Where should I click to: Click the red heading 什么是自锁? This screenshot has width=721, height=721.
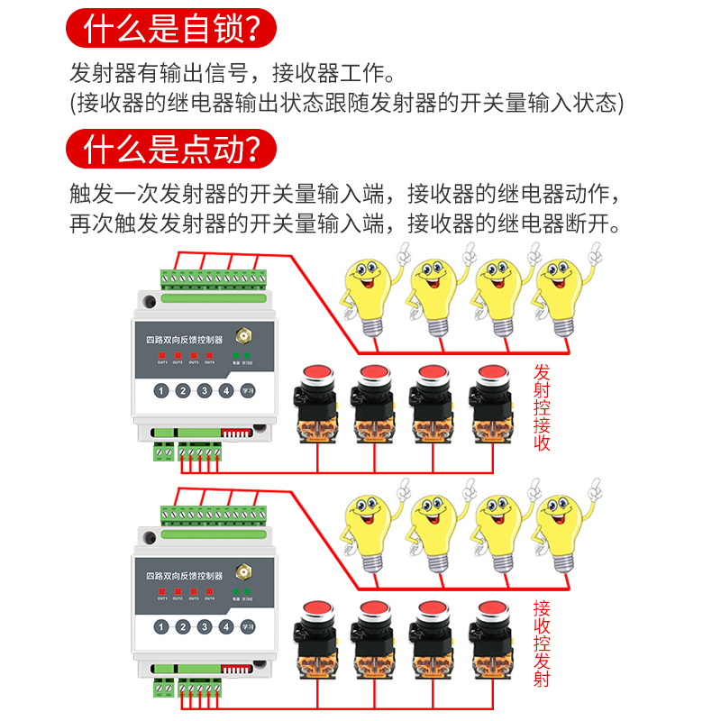tap(170, 31)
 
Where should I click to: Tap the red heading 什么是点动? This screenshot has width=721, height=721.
tap(170, 148)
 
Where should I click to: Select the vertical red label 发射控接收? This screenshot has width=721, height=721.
tap(542, 406)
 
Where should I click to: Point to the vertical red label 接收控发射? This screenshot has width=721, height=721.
tap(542, 643)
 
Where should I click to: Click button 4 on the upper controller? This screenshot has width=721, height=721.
tap(226, 391)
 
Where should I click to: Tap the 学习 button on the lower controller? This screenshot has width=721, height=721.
tap(248, 627)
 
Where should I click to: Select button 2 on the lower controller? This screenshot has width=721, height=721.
tap(182, 627)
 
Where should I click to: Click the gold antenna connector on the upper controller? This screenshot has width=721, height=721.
tap(242, 336)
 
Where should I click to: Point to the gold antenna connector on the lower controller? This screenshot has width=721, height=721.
tap(242, 572)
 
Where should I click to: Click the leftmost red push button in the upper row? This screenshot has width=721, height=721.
tap(316, 375)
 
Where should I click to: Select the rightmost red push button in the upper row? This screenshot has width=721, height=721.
tap(492, 375)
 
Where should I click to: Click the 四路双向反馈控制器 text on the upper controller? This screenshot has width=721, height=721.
tap(184, 341)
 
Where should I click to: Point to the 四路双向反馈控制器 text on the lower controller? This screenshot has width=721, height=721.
tap(184, 577)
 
